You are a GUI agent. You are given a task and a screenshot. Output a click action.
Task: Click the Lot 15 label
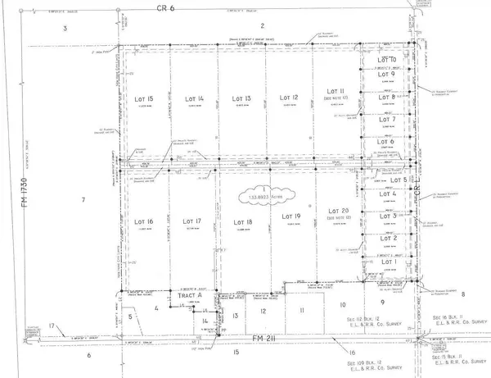pos(144,98)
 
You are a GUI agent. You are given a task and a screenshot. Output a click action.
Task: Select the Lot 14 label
pos(194,98)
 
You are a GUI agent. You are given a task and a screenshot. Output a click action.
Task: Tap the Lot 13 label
pos(241,98)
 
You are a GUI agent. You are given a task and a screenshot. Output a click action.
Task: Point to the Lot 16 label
pos(144,222)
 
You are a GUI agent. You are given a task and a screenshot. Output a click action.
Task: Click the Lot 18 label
pos(241,222)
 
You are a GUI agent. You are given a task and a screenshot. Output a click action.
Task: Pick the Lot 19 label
pos(291,216)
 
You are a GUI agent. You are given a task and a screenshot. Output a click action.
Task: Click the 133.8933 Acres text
pos(256,198)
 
